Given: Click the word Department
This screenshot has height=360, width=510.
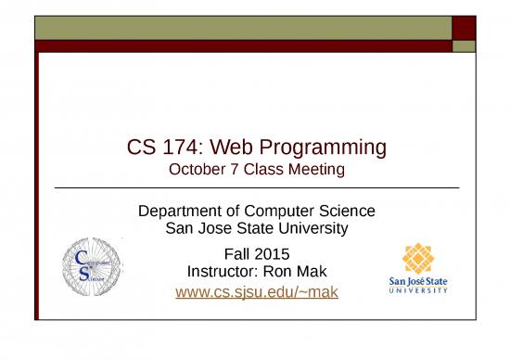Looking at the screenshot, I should [180, 211].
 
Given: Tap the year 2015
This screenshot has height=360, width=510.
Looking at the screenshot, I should [273, 253].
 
